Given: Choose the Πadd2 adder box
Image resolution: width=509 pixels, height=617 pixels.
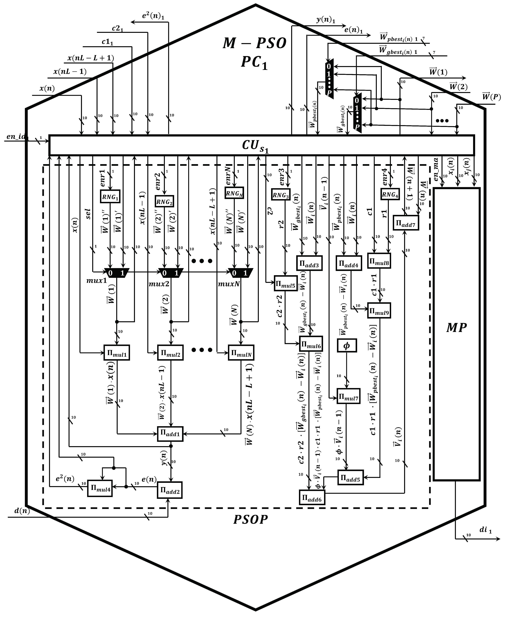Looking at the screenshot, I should [x=169, y=490].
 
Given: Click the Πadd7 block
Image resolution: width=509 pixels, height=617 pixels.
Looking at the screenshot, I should [x=406, y=223].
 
